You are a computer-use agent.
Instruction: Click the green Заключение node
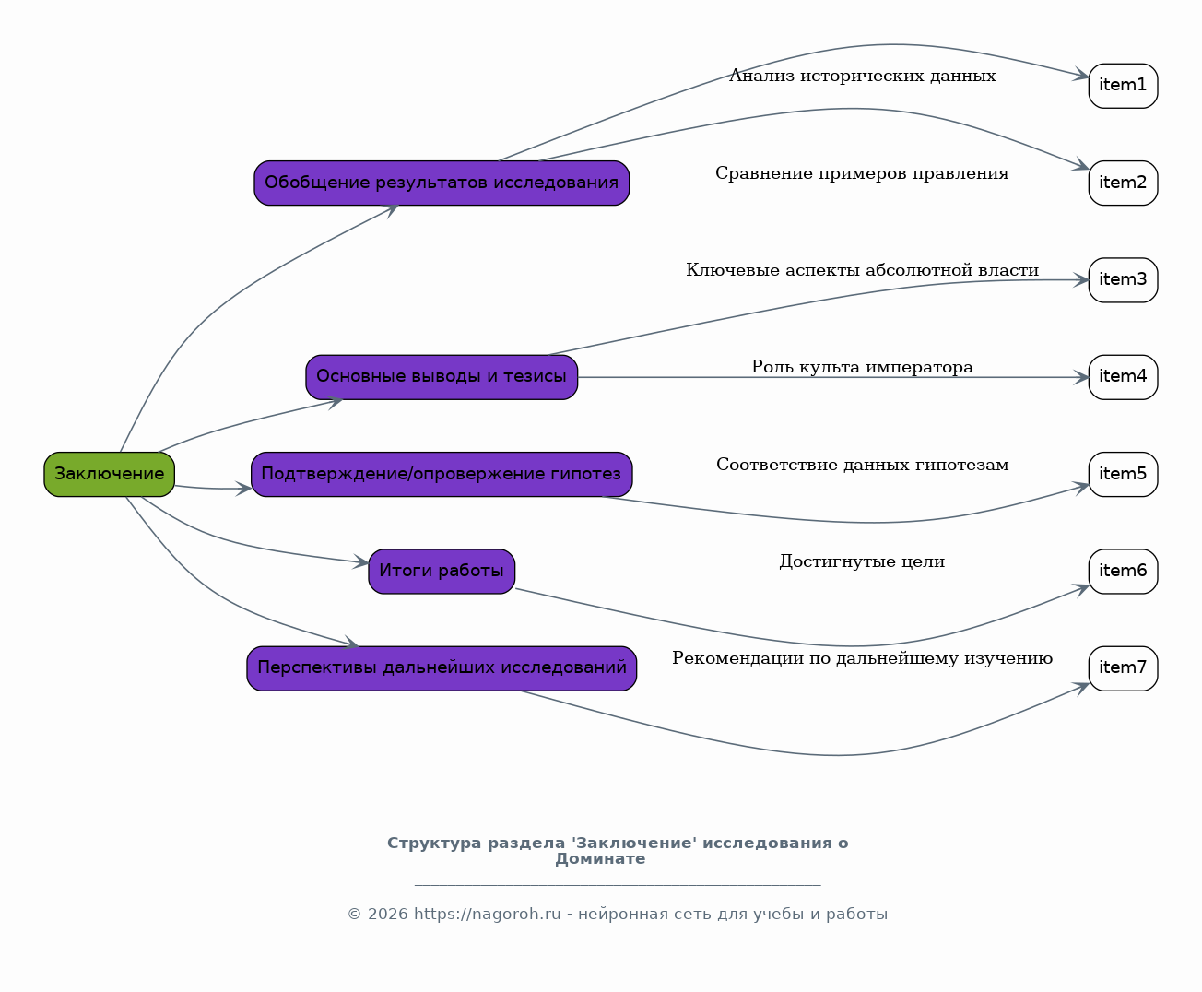[x=110, y=475]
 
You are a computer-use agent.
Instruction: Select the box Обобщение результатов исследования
[x=442, y=183]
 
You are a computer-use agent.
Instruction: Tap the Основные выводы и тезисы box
[x=442, y=377]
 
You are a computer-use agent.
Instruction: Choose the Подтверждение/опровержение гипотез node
[x=442, y=475]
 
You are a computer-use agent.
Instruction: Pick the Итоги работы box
[x=442, y=571]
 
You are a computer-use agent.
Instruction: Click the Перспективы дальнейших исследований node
[x=442, y=668]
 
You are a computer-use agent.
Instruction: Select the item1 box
[x=1123, y=86]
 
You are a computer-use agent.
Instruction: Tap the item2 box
[x=1123, y=183]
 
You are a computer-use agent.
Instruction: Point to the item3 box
[x=1123, y=280]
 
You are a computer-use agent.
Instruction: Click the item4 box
[x=1123, y=377]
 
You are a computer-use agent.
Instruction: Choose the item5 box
[x=1123, y=475]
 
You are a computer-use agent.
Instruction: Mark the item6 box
[x=1123, y=571]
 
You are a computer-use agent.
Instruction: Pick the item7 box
[x=1123, y=668]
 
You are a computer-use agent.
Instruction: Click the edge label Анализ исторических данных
[x=863, y=76]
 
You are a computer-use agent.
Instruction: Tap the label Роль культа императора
[x=863, y=367]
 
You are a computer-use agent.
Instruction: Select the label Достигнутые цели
[x=863, y=561]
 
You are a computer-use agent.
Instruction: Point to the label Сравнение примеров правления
[x=863, y=173]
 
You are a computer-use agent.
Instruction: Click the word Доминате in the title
[x=600, y=859]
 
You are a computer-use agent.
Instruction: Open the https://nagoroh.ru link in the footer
[x=487, y=915]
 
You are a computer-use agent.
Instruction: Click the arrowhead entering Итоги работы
[x=361, y=562]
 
